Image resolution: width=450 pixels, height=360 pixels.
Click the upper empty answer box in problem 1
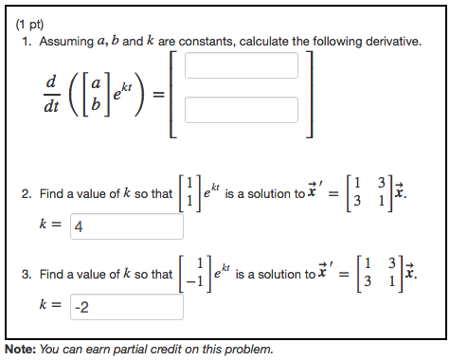tap(242, 65)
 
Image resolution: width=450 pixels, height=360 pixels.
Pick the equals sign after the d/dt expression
tap(158, 95)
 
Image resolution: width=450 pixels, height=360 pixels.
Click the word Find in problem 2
tap(51, 194)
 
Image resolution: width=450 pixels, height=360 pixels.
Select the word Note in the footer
tap(21, 349)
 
